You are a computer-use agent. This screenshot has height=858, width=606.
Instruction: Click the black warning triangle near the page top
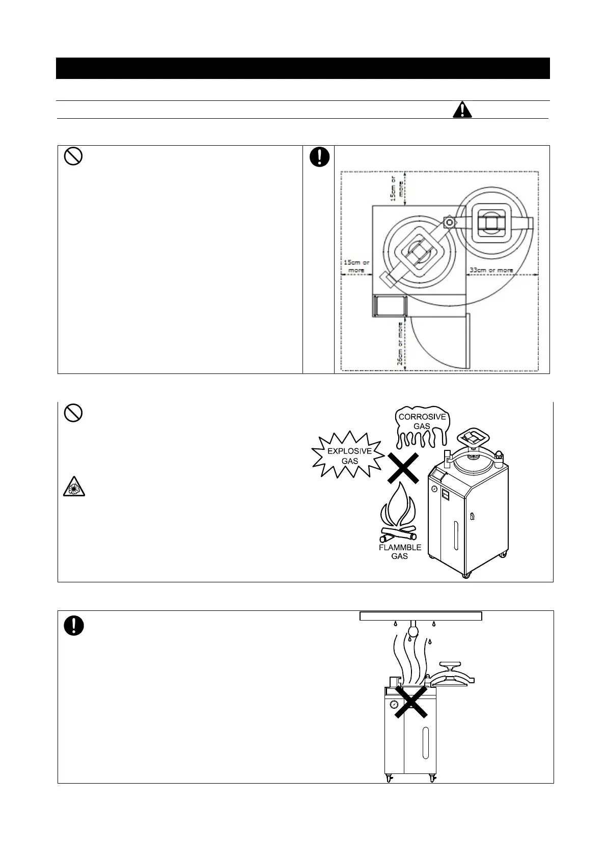click(462, 110)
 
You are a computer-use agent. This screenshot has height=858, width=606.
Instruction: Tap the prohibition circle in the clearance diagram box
click(73, 158)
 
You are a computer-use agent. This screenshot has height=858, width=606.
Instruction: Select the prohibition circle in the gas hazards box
click(73, 414)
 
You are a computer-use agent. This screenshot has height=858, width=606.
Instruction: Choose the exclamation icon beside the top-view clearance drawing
click(319, 157)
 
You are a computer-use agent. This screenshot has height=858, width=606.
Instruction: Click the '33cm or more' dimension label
click(491, 270)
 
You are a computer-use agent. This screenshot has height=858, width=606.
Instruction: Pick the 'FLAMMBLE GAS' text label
click(400, 552)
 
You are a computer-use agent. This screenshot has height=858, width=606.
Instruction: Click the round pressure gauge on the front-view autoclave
click(394, 705)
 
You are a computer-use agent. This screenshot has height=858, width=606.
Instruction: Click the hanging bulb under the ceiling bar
click(413, 632)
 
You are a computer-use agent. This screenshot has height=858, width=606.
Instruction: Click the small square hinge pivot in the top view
click(449, 222)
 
